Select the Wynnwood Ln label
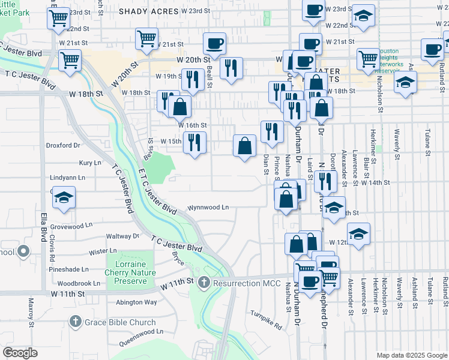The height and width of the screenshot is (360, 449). pos(208,208)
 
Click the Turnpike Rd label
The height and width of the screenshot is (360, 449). pos(267,321)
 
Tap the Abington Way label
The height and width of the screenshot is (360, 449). pos(137,302)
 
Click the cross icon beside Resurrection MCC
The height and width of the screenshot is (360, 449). pos(204,282)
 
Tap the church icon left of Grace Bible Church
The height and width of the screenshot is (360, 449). pos(76,322)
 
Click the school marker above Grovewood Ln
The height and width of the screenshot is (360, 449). pos(62,197)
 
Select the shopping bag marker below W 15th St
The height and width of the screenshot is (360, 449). pos(245,146)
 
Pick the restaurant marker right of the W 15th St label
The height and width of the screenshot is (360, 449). pos(195,142)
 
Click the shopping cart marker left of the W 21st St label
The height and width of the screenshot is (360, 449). pos(146,40)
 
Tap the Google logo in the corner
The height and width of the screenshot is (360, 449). pos(20,353)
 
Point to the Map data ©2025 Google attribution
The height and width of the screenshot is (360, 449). pos(411,355)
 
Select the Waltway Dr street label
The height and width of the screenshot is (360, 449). pos(122,236)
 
